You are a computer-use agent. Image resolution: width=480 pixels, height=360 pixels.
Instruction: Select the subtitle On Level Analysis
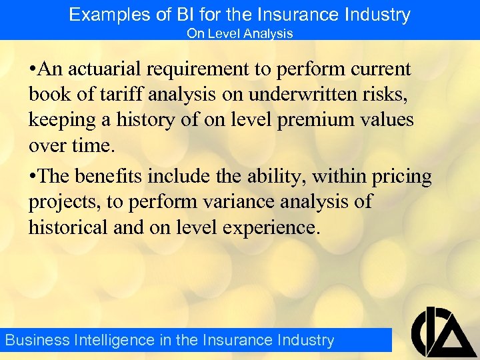tap(239, 33)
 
